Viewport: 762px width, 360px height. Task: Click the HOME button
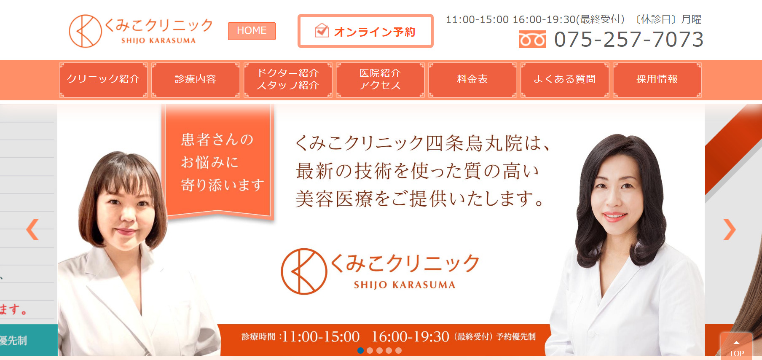click(x=252, y=31)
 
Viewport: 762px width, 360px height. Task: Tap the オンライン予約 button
click(x=365, y=31)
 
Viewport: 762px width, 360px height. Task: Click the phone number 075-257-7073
click(x=629, y=40)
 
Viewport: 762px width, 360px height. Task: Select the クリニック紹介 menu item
click(x=103, y=80)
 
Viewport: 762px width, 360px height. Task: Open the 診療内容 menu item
click(x=196, y=80)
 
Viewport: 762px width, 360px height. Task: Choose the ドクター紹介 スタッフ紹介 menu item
click(x=288, y=80)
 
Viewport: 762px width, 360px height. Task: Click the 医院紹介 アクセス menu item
click(x=380, y=80)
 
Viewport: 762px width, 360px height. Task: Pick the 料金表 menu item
click(x=472, y=80)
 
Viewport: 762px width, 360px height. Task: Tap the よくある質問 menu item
click(x=565, y=80)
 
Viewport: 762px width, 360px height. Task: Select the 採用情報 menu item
click(x=657, y=80)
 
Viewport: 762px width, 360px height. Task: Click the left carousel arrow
click(x=32, y=229)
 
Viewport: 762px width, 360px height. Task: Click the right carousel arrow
click(x=730, y=229)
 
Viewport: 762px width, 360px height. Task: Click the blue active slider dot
click(x=360, y=350)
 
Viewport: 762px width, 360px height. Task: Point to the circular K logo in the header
click(x=85, y=31)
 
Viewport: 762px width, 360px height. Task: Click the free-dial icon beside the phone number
click(x=532, y=40)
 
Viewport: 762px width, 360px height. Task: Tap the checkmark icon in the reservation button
click(x=322, y=30)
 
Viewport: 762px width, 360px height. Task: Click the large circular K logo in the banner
click(x=304, y=271)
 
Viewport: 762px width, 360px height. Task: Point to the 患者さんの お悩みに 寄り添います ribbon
click(x=218, y=162)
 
